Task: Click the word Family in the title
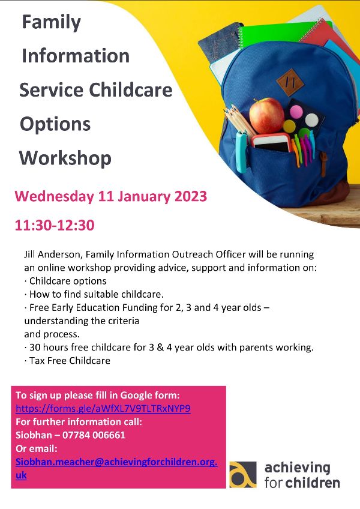coord(51,23)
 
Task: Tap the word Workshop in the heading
coord(65,158)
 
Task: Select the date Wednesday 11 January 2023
coord(110,196)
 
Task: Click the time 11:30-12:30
coord(55,225)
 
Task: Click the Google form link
coord(103,408)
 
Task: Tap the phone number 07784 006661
coord(94,435)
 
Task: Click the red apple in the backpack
coord(266,115)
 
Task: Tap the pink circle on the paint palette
coord(296,112)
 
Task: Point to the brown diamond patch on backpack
coord(290,82)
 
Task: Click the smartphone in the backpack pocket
coord(271,143)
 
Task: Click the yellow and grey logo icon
coord(243,474)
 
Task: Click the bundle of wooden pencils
coord(239,121)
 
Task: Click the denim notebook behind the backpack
coord(220,43)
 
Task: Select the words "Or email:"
coord(37,448)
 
